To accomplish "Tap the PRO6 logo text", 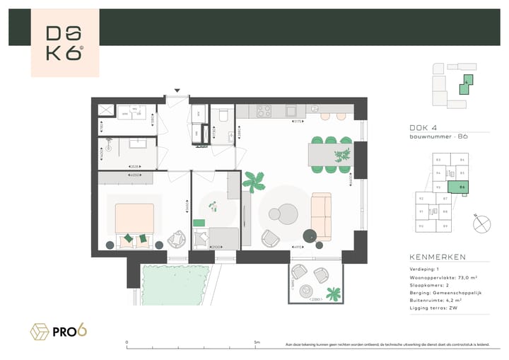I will pyautogui.click(x=69, y=330).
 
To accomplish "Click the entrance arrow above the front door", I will pyautogui.click(x=177, y=91).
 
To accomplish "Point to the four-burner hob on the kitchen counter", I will pyautogui.click(x=264, y=111).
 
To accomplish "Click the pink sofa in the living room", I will pyautogui.click(x=322, y=216).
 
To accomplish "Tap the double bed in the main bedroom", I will pyautogui.click(x=134, y=223).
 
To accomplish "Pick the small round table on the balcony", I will pyautogui.click(x=308, y=290).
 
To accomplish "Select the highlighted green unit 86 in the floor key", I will pyautogui.click(x=462, y=187).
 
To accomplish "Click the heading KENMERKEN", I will pyautogui.click(x=437, y=257).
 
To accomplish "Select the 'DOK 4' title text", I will pyautogui.click(x=424, y=127).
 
